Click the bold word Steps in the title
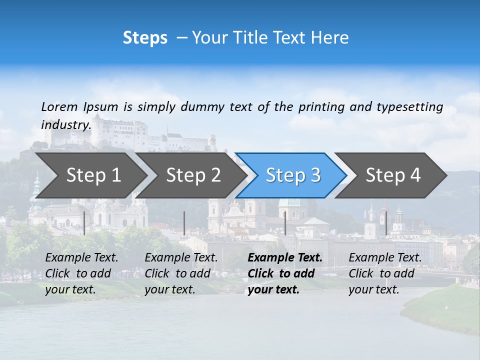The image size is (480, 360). [145, 38]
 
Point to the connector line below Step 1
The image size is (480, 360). [84, 223]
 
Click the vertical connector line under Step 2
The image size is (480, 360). [184, 223]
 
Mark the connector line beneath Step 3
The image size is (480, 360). [285, 223]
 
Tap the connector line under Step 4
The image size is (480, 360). [386, 223]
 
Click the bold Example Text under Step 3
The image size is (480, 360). [285, 258]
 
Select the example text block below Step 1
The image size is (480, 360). [82, 273]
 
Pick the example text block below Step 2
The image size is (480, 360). [181, 273]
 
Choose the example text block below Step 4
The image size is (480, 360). [385, 273]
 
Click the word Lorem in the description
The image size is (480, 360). [59, 106]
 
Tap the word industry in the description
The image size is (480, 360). [65, 124]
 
